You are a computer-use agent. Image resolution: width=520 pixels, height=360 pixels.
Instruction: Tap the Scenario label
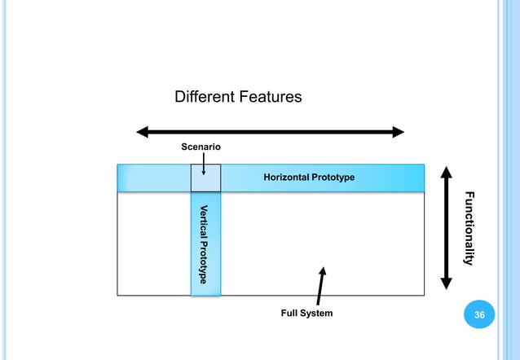point(201,147)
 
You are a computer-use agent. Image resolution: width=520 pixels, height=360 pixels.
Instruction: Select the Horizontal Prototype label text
point(309,178)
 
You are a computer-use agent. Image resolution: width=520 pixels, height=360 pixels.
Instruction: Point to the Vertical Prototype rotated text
point(205,244)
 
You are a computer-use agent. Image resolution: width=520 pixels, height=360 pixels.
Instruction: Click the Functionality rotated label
point(469,228)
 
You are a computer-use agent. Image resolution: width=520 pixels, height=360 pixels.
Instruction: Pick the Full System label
point(306,314)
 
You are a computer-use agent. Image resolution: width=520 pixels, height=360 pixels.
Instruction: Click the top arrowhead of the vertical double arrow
point(446,173)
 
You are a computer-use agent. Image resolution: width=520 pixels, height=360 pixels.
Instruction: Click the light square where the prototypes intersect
point(205,178)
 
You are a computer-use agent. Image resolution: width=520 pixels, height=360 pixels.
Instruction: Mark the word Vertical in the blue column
point(205,219)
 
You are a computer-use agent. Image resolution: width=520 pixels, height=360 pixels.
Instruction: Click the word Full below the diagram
point(289,314)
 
